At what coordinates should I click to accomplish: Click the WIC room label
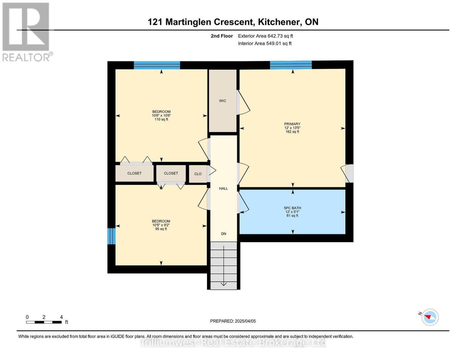coord(223,101)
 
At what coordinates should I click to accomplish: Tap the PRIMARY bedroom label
coord(292,124)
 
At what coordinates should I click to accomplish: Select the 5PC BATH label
coord(292,208)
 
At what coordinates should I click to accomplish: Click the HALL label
coord(224,188)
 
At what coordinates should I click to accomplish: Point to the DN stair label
coord(224,234)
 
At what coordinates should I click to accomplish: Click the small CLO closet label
coord(198,174)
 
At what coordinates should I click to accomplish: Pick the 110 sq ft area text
coord(161,119)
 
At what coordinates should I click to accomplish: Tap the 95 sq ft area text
coord(161,229)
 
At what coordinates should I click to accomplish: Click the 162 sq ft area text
coord(292,132)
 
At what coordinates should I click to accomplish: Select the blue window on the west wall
coord(111,236)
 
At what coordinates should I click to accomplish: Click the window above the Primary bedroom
coord(290,65)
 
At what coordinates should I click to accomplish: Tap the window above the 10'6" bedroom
coord(157,65)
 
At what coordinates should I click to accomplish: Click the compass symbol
coord(430,317)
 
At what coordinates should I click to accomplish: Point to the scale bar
coord(44,322)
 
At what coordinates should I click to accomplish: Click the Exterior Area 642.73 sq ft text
coord(266,36)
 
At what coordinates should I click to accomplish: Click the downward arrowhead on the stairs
coord(224,284)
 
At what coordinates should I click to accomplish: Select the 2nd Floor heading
coord(222,36)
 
